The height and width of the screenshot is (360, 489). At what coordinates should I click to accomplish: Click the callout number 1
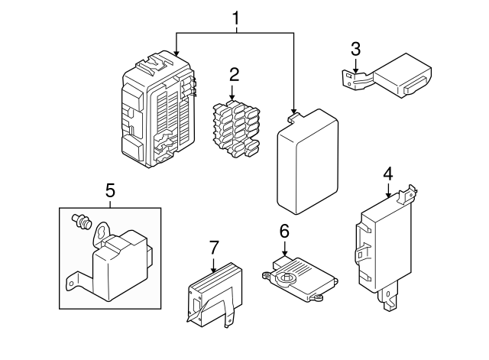pyautogui.click(x=236, y=18)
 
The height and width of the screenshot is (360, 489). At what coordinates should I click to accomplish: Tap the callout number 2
pyautogui.click(x=234, y=75)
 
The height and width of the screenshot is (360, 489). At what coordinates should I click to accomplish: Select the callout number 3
pyautogui.click(x=355, y=49)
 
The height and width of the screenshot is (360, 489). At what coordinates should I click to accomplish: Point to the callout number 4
pyautogui.click(x=388, y=174)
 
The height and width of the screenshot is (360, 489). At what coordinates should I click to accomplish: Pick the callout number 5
pyautogui.click(x=110, y=190)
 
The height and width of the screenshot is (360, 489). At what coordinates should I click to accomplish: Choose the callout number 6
pyautogui.click(x=284, y=231)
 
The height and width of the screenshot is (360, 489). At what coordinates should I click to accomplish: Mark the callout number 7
pyautogui.click(x=214, y=248)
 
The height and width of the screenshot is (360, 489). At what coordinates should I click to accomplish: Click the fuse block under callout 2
pyautogui.click(x=236, y=129)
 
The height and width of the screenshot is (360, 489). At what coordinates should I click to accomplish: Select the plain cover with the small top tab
pyautogui.click(x=307, y=161)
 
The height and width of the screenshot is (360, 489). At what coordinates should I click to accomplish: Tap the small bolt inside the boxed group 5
pyautogui.click(x=82, y=221)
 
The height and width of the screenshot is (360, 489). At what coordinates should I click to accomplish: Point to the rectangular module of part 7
pyautogui.click(x=215, y=294)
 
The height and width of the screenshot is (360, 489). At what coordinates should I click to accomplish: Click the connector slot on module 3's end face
pyautogui.click(x=416, y=86)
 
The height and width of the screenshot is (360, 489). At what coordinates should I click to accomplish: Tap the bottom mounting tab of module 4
pyautogui.click(x=389, y=297)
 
